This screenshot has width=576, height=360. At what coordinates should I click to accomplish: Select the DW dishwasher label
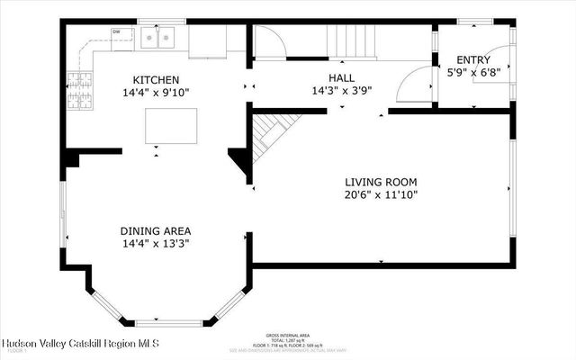pyautogui.click(x=117, y=32)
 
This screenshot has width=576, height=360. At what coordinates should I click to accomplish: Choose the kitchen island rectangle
pyautogui.click(x=171, y=122)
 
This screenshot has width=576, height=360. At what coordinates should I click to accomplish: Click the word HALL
pyautogui.click(x=341, y=78)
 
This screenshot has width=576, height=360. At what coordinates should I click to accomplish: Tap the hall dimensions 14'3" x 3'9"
pyautogui.click(x=341, y=91)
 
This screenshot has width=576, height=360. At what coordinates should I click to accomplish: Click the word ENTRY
pyautogui.click(x=473, y=59)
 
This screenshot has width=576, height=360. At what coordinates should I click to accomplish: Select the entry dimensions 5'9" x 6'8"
pyautogui.click(x=473, y=72)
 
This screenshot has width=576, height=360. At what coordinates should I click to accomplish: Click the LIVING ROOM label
pyautogui.click(x=380, y=182)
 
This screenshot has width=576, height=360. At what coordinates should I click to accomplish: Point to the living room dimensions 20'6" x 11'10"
pyautogui.click(x=380, y=194)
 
